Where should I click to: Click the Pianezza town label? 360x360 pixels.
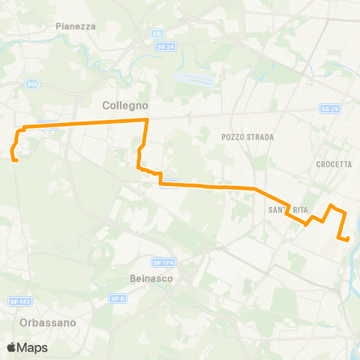(75, 25)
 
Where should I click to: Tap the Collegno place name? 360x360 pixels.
(125, 106)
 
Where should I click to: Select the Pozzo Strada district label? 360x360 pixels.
(248, 137)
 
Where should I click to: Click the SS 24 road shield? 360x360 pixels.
(166, 46)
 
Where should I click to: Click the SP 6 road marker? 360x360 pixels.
(117, 298)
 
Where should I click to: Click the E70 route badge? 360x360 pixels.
(157, 34)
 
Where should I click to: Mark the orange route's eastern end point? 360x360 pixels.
(348, 240)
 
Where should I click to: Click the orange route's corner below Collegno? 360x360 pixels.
(147, 120)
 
